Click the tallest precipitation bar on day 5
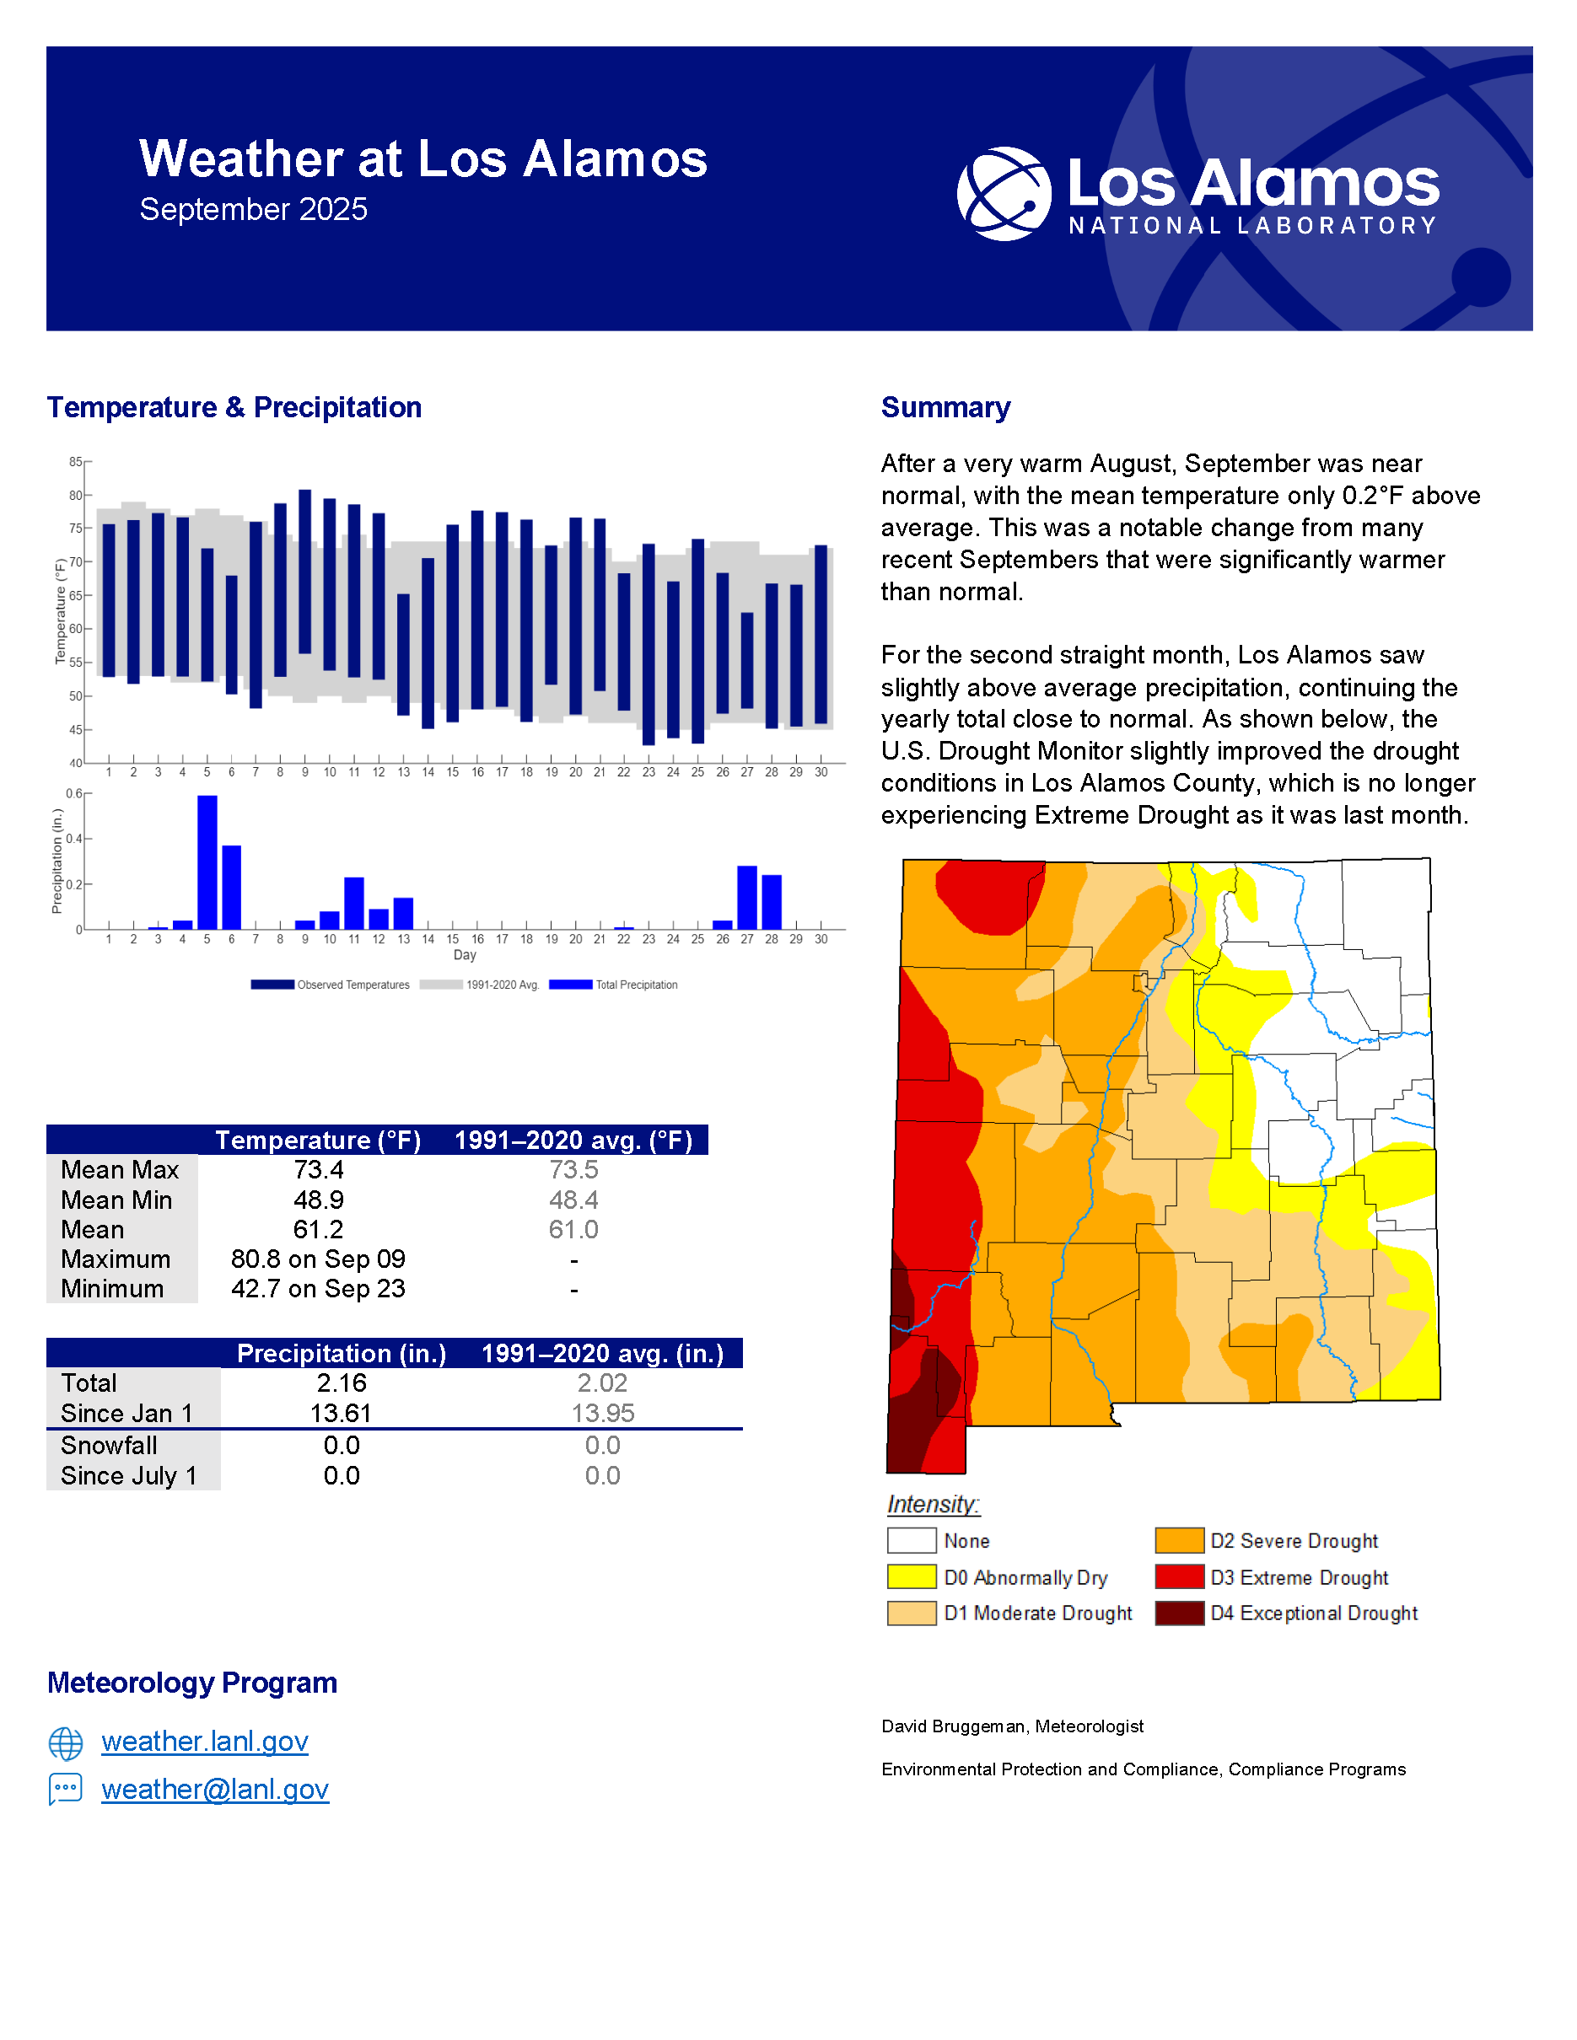(x=207, y=862)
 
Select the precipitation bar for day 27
(x=746, y=898)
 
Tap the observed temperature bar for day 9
(x=304, y=572)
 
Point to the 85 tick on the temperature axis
(x=77, y=461)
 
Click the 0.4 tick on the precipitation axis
(x=75, y=839)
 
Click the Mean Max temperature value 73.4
(x=319, y=1169)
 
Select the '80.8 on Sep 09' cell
(x=319, y=1259)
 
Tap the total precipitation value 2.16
(x=341, y=1383)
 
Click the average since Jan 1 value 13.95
(x=603, y=1413)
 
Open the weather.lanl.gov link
(x=205, y=1741)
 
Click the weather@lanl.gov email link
(x=215, y=1789)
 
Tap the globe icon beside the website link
(x=66, y=1743)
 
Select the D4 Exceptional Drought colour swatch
(x=1179, y=1613)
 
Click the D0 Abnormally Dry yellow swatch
(x=912, y=1576)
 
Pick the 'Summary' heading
(x=945, y=407)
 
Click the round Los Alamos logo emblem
(x=1004, y=193)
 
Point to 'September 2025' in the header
(x=253, y=209)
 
